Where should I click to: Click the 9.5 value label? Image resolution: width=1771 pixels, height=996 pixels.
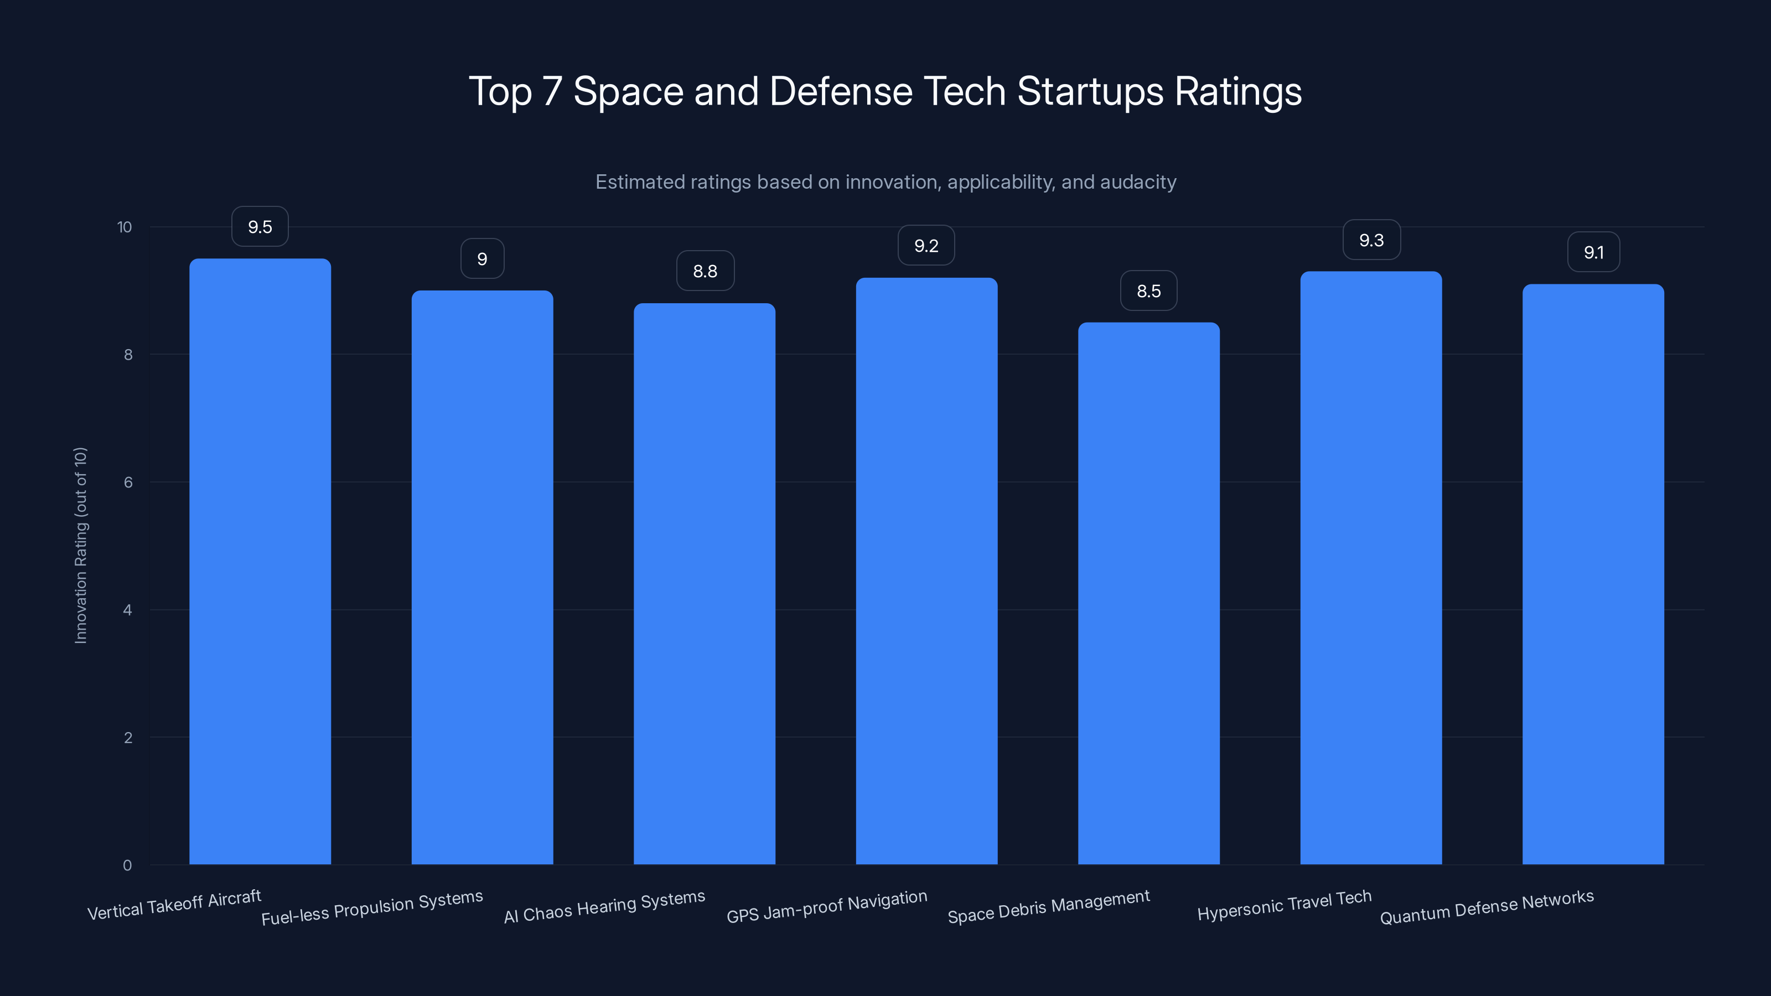[260, 227]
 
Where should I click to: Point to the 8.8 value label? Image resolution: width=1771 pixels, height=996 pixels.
[705, 272]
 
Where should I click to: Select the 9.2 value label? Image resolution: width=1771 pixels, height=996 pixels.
[926, 246]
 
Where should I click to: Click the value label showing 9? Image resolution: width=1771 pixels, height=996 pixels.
[482, 259]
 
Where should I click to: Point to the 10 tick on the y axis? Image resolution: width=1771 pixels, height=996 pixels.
[125, 227]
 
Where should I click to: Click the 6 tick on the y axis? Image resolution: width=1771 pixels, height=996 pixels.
[128, 483]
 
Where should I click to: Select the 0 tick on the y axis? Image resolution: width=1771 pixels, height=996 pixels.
[127, 865]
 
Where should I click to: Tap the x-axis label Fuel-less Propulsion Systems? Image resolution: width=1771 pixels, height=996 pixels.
[372, 907]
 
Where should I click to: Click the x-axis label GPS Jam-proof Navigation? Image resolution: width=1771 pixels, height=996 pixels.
[826, 906]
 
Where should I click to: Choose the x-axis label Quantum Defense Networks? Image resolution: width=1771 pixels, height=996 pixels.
[1487, 907]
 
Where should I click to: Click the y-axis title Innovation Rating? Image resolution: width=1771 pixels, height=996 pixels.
[80, 545]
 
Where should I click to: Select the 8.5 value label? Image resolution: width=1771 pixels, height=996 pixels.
[1148, 292]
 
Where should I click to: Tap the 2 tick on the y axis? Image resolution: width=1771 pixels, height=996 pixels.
[128, 738]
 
